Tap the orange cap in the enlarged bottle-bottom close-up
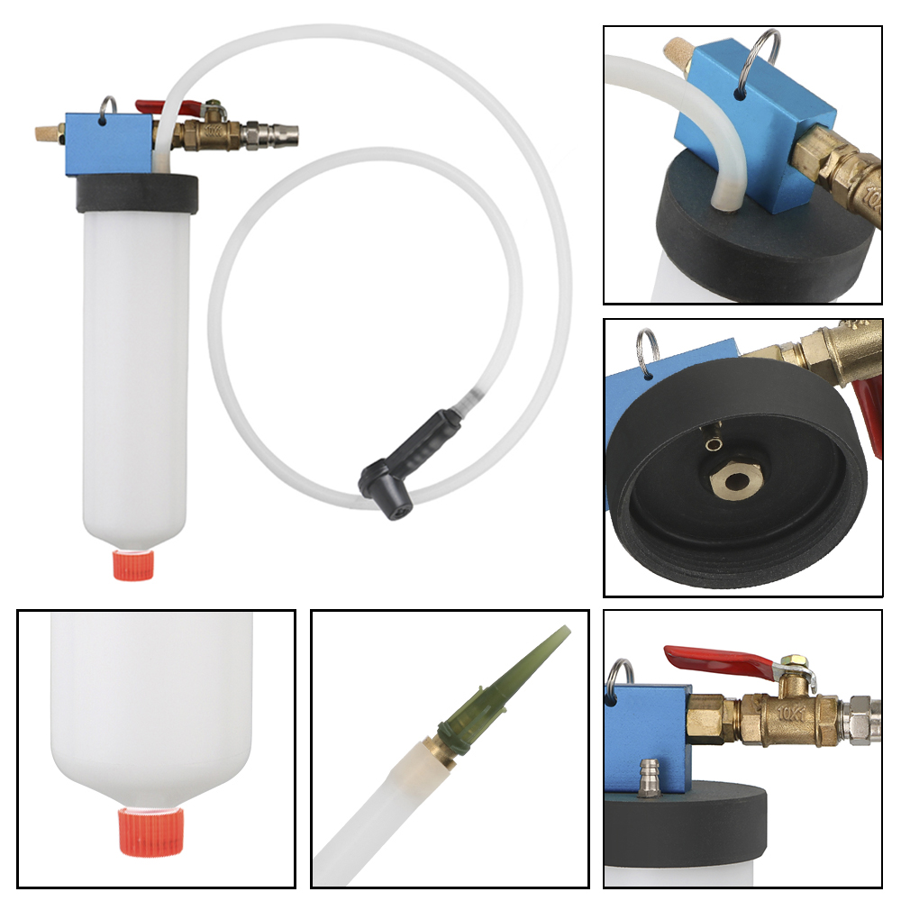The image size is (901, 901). (151, 829)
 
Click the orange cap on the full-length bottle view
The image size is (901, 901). (135, 564)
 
